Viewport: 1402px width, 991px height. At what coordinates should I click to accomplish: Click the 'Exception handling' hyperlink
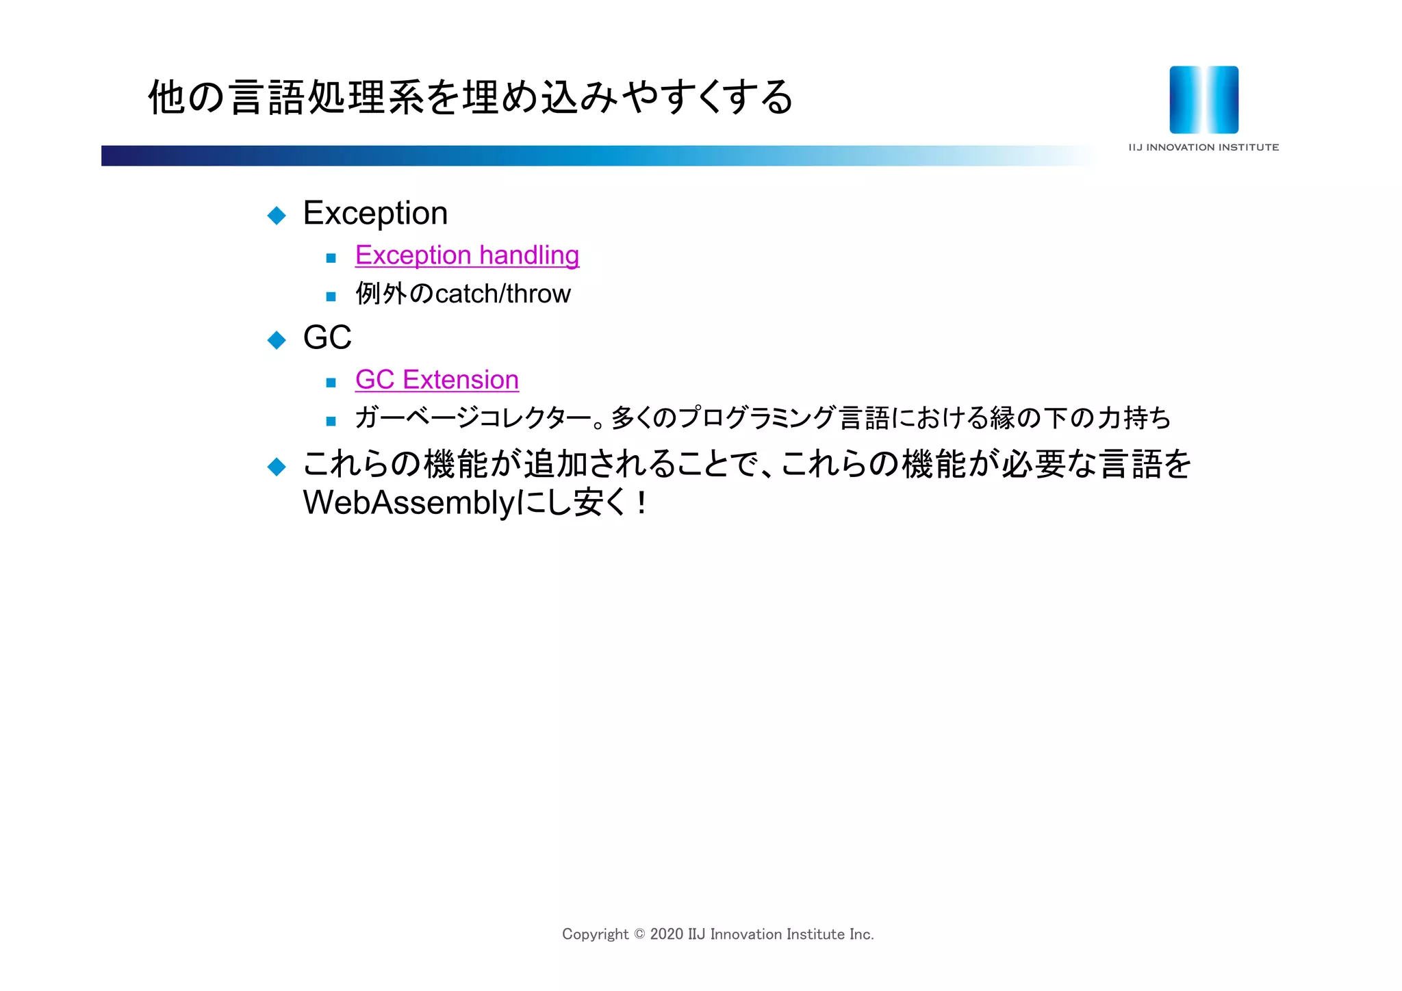click(x=467, y=255)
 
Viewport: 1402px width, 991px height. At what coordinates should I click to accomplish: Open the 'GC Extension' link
click(x=437, y=380)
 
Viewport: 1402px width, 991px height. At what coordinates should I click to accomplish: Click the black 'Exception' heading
click(x=375, y=214)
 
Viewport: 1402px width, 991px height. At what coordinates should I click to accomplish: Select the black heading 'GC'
click(x=327, y=338)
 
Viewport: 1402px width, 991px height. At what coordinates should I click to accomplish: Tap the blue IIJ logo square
click(x=1203, y=100)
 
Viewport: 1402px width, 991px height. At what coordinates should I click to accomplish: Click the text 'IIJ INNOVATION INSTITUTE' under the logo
click(x=1203, y=147)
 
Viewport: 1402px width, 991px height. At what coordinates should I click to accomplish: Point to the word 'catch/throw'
click(x=502, y=294)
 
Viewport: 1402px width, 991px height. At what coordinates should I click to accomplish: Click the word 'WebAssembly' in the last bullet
click(x=408, y=503)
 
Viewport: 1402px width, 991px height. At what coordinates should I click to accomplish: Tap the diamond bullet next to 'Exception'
click(x=277, y=216)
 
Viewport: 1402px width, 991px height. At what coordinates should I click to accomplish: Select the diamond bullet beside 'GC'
click(x=277, y=339)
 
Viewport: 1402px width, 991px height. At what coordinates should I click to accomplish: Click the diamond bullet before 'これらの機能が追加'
click(x=277, y=467)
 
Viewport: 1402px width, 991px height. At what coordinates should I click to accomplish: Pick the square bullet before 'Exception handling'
click(x=331, y=258)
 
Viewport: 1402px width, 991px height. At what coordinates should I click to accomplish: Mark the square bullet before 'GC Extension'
click(x=331, y=383)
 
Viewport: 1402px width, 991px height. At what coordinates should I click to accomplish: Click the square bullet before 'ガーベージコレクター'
click(x=331, y=421)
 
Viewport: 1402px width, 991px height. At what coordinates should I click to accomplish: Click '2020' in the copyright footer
click(x=666, y=934)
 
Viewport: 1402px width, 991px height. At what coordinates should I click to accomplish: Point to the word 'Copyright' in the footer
click(x=595, y=934)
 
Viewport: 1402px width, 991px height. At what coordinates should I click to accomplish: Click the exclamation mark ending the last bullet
click(x=641, y=504)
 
